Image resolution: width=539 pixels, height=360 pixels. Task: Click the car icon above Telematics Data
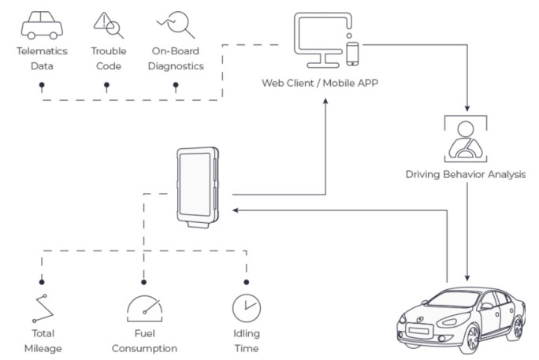tap(43, 25)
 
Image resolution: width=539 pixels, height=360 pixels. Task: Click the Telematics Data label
tap(43, 58)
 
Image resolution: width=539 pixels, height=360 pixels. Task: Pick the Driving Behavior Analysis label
tap(465, 175)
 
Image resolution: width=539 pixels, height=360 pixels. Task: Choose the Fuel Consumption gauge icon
tap(144, 307)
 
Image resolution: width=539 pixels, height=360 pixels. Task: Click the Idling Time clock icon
tap(246, 307)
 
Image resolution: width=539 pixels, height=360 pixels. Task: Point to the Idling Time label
tap(246, 341)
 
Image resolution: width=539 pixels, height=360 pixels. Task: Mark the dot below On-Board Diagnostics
tap(176, 83)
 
